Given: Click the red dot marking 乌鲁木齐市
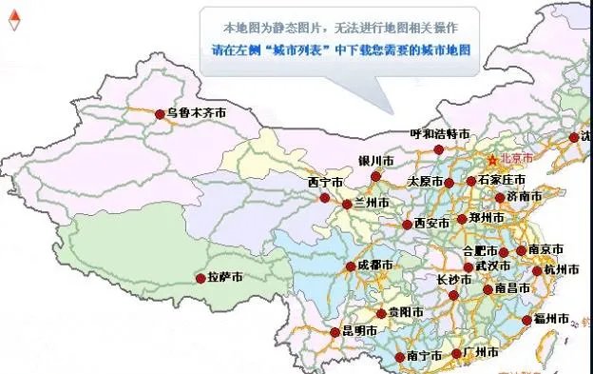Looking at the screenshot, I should point(160,114).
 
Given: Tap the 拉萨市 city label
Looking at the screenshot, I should point(224,278).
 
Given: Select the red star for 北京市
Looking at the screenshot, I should point(492,159).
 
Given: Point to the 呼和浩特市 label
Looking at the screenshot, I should point(439,135).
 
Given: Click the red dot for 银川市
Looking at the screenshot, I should point(375,176).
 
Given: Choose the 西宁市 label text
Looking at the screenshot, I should point(326,182).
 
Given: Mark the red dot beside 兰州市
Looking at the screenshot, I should point(347,204).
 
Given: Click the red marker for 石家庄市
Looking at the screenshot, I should point(470,181).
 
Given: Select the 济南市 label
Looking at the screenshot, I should point(524,197).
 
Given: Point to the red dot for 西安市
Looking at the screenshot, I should point(407,225).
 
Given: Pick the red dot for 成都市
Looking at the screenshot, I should point(351,266).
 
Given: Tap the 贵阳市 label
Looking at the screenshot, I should point(399,312).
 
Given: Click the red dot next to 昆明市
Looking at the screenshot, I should point(335,333).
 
